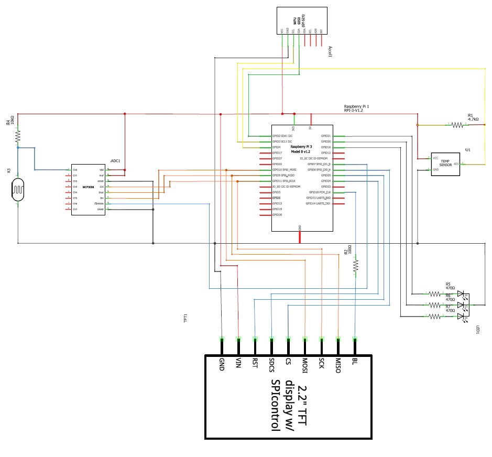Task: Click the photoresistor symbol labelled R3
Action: (x=18, y=189)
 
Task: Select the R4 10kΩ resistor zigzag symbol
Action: (x=18, y=136)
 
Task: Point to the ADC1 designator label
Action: (x=116, y=160)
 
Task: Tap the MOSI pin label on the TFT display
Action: (x=304, y=366)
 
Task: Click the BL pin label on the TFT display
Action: (x=355, y=362)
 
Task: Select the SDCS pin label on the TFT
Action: (x=271, y=365)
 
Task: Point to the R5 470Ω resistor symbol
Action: (x=435, y=294)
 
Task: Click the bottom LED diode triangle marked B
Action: (x=461, y=317)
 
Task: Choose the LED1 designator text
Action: (x=478, y=330)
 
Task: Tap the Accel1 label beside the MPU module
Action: (x=330, y=51)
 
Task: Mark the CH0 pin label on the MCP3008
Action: (x=75, y=170)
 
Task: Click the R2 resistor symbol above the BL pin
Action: (x=356, y=266)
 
